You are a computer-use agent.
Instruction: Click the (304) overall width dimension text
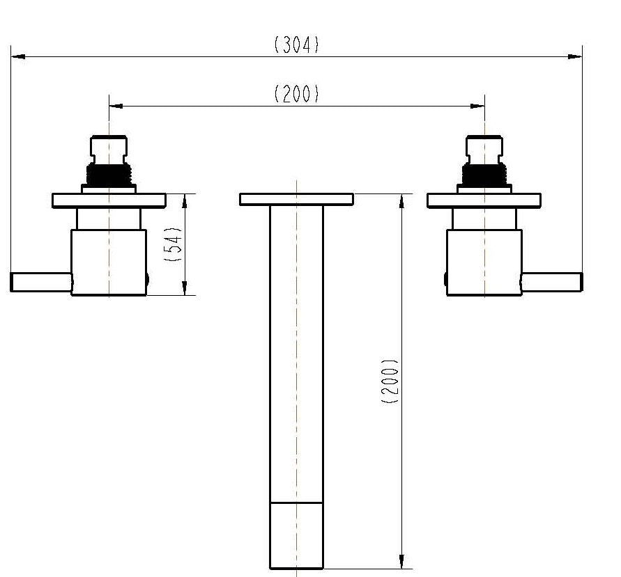tap(296, 45)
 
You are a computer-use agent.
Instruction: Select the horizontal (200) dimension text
tap(296, 94)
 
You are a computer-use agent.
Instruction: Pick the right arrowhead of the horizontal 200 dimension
tap(477, 106)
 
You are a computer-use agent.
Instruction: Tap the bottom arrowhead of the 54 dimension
tap(185, 288)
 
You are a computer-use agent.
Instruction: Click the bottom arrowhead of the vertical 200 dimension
tap(401, 562)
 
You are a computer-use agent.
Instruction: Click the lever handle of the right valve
tap(551, 282)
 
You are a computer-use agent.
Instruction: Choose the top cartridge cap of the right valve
tap(484, 148)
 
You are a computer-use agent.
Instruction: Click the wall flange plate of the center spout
tap(296, 199)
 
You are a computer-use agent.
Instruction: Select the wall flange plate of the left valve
tap(109, 200)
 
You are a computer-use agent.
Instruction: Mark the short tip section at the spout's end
tap(296, 535)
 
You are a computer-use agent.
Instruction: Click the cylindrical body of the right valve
tap(484, 262)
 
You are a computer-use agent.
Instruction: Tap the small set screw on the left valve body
tap(147, 280)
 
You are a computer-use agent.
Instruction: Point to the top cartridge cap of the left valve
tap(109, 148)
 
